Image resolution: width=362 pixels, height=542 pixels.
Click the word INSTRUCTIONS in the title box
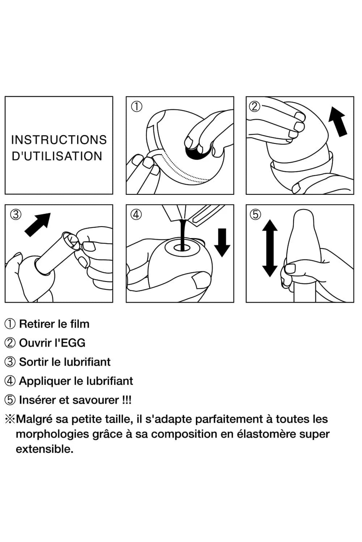pos(59,140)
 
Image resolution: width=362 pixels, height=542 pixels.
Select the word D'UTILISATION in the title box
pos(57,156)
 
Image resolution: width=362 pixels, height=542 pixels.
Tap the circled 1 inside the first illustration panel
pos(136,106)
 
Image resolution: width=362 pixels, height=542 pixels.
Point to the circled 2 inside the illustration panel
pos(255,106)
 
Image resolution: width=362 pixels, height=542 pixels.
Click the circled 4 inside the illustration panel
pos(136,215)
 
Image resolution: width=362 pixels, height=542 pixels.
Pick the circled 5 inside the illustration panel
pos(255,215)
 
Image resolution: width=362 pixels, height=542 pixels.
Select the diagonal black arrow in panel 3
pos(38,224)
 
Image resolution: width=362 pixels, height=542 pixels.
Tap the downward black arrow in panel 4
pos(222,242)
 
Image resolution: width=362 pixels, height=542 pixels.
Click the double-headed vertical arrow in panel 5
pos(269,248)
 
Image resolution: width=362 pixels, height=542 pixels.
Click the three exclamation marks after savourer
pos(126,400)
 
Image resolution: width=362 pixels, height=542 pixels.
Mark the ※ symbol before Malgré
pos(10,419)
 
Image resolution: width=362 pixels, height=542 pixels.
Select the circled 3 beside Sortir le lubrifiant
pos(10,362)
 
